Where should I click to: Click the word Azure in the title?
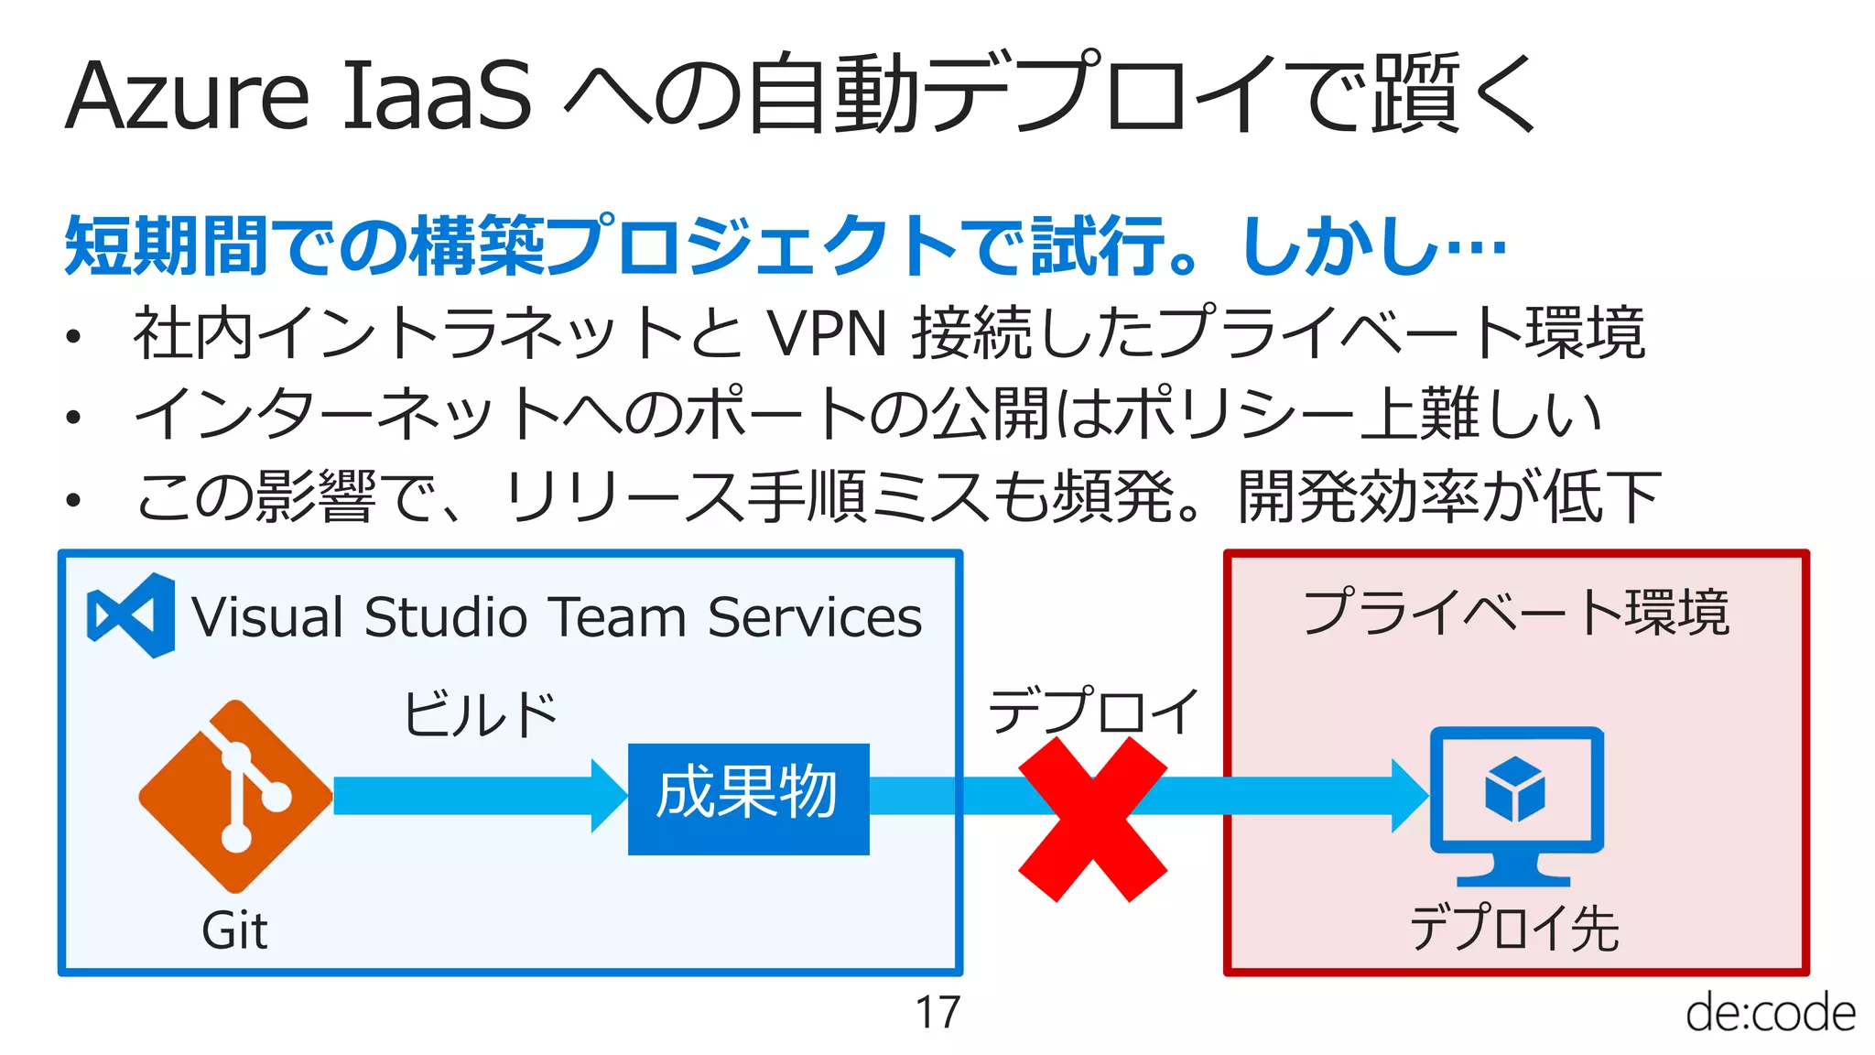[x=188, y=95]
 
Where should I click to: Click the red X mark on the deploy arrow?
[x=1092, y=820]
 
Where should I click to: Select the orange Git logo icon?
[x=236, y=796]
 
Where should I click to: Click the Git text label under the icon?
[x=234, y=931]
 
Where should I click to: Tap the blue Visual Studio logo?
[x=131, y=615]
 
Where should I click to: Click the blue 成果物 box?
[x=748, y=799]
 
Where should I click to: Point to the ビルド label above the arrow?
[x=481, y=714]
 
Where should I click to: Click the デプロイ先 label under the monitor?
[x=1514, y=928]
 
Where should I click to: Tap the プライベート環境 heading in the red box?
[x=1516, y=612]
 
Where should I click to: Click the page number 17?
[x=937, y=1013]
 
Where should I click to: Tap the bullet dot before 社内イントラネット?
[x=74, y=336]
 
